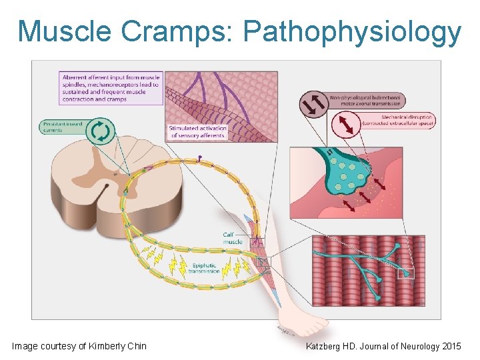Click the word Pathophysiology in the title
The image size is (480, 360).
[351, 32]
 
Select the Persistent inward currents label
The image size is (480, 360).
[62, 127]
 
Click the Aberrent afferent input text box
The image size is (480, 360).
[111, 88]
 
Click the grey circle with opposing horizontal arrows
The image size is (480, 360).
[314, 101]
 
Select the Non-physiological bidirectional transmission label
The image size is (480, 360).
[367, 101]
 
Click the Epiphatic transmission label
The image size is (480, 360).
[203, 269]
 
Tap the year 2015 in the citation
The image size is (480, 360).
[451, 346]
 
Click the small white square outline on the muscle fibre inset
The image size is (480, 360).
[406, 273]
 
